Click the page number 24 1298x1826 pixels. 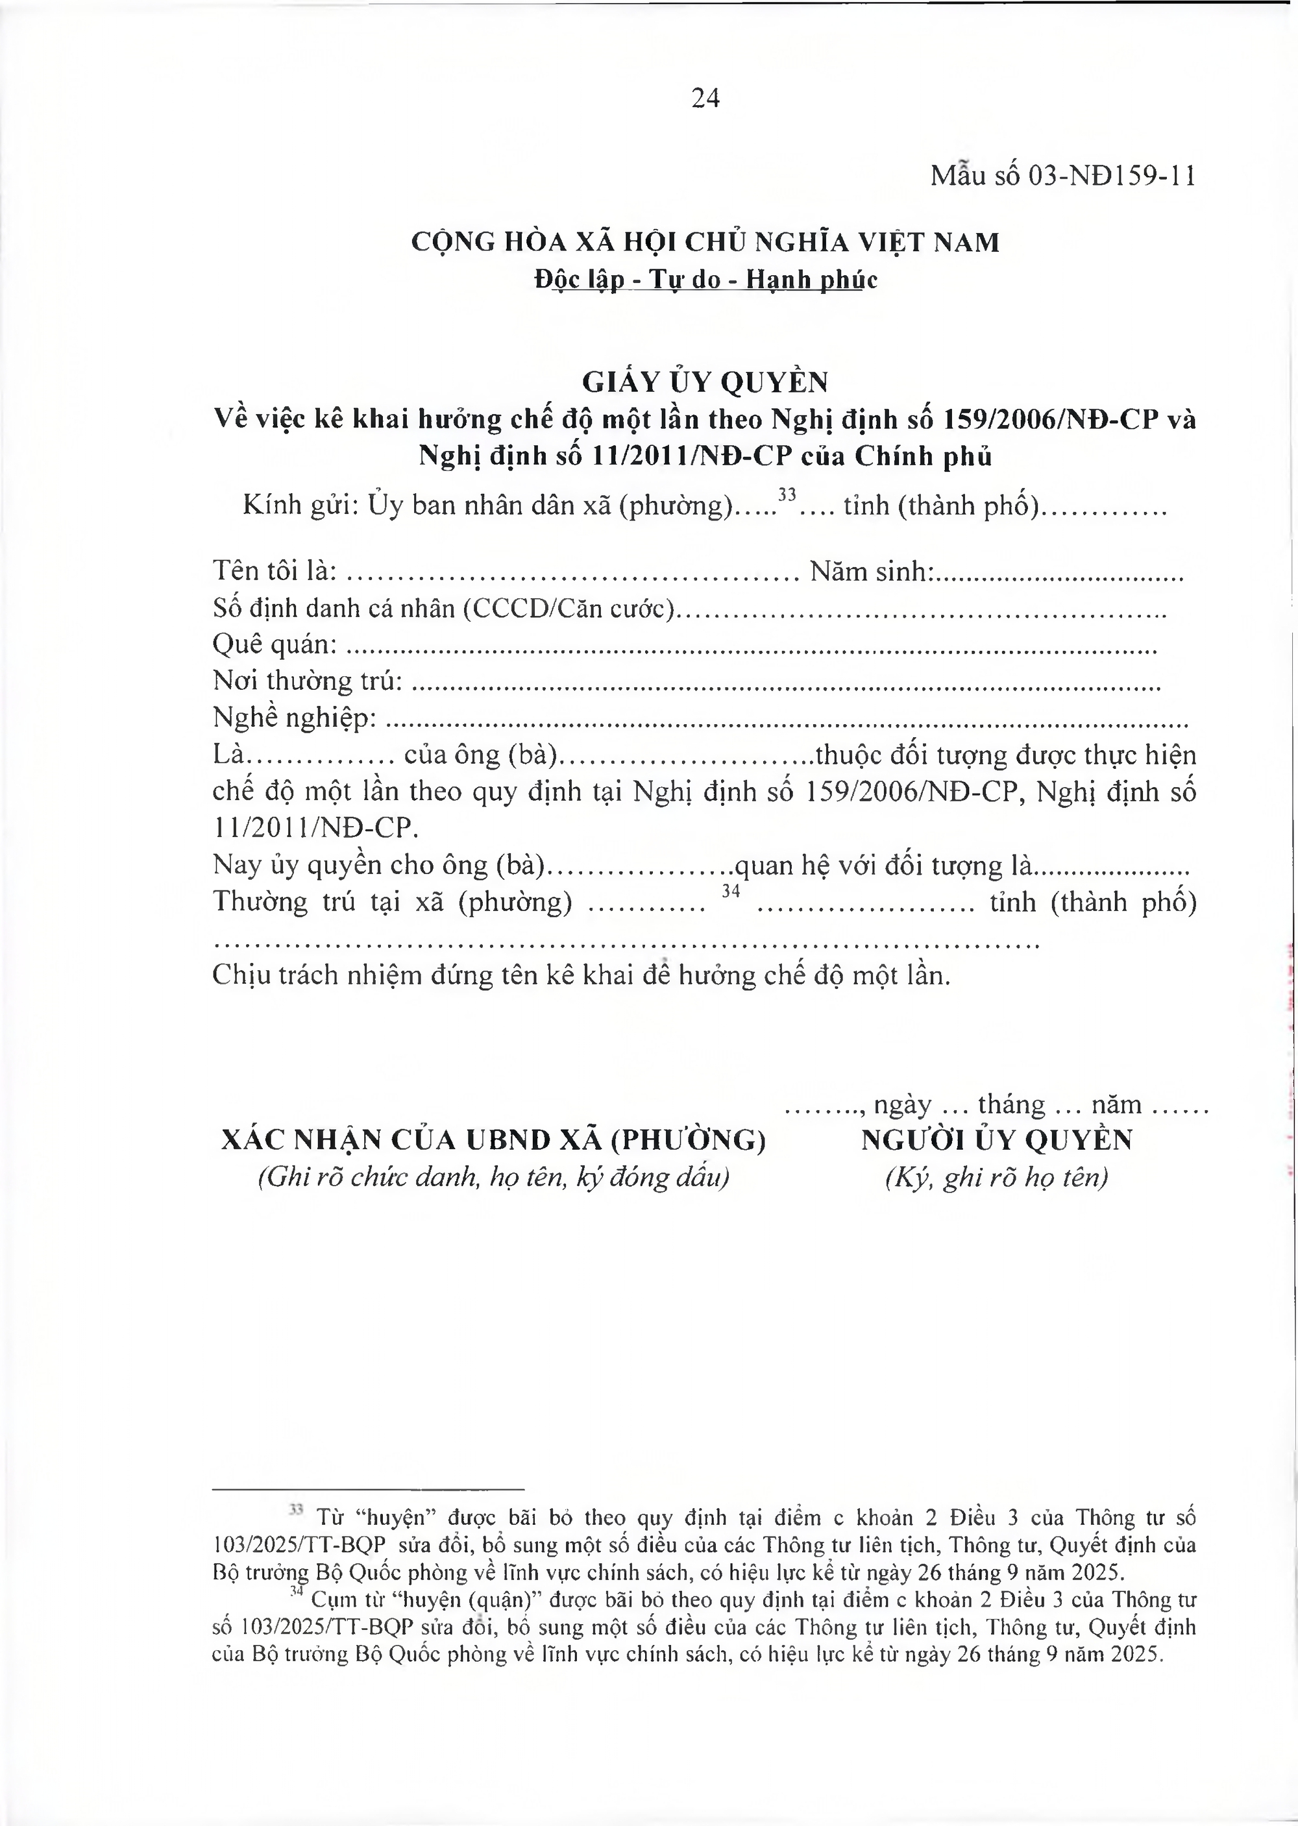(705, 98)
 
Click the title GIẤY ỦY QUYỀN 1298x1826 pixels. (705, 383)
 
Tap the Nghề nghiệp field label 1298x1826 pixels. (294, 718)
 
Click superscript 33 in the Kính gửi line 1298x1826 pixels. (787, 494)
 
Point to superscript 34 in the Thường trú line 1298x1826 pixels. (731, 890)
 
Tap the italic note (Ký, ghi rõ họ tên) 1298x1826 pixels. (996, 1178)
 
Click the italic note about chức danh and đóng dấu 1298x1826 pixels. (493, 1178)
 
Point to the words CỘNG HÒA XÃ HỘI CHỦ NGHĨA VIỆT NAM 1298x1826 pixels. (705, 242)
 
